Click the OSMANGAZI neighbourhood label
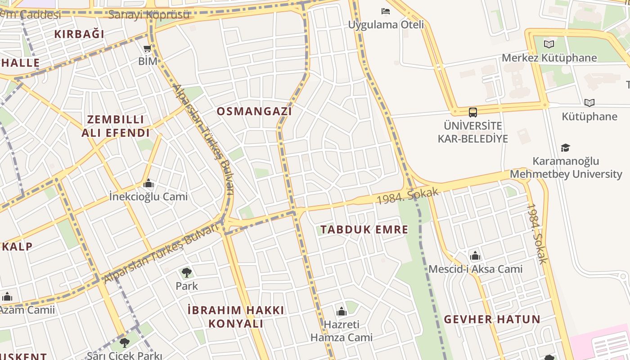(254, 111)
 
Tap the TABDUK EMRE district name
(364, 229)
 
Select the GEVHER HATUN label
(492, 319)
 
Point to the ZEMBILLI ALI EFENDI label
(116, 126)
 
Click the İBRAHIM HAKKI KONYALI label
(236, 317)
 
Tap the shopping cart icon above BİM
(147, 49)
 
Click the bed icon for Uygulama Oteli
(386, 11)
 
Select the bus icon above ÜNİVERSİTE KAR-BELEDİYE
(472, 112)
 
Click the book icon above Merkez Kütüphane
(549, 44)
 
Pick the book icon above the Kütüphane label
(589, 103)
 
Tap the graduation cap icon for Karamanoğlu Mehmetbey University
(565, 148)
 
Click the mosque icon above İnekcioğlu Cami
(148, 183)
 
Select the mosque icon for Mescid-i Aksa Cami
(475, 256)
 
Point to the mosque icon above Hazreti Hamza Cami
(342, 311)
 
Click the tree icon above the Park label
(186, 272)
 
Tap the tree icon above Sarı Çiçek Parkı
(125, 343)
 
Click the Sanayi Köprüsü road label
(149, 14)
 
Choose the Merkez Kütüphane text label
(549, 58)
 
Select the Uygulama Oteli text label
(386, 24)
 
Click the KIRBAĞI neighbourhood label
(79, 34)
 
